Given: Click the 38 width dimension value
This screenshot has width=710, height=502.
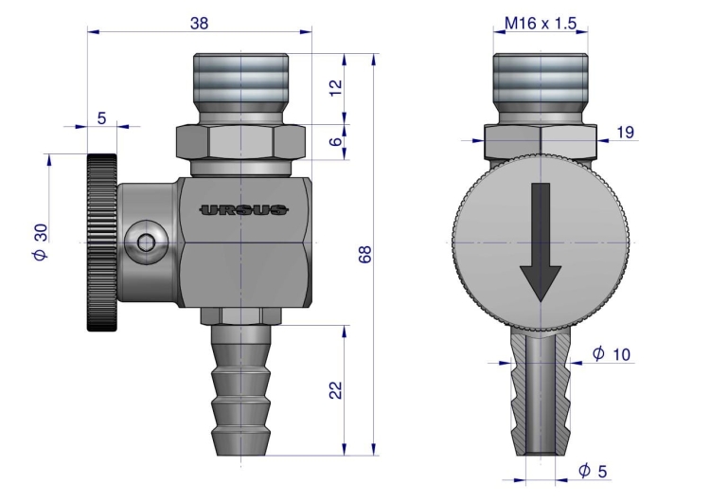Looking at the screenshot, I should [x=199, y=23].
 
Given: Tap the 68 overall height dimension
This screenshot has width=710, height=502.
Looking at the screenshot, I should [x=365, y=253].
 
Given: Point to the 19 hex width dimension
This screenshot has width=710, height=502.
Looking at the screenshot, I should [x=625, y=134].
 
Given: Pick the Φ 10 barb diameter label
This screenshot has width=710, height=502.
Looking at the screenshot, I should [x=611, y=353].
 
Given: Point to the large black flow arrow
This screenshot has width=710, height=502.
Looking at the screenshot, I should [x=541, y=242].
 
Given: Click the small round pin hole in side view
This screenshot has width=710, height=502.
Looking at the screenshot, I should [x=145, y=243].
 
